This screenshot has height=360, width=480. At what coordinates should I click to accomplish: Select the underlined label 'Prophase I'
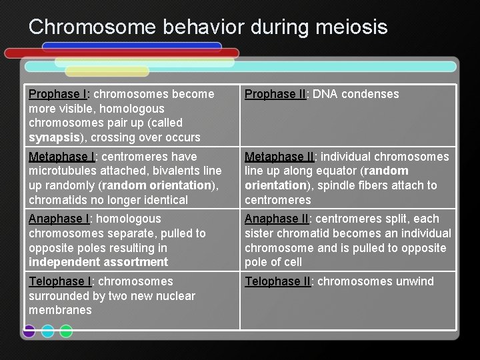coord(58,94)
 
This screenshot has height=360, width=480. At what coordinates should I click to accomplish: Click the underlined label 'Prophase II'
coord(275,94)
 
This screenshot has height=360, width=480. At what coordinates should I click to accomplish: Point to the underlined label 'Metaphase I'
coord(62,157)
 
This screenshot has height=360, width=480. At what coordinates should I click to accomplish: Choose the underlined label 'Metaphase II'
coord(279,157)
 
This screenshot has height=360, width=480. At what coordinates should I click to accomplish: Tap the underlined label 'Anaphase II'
coord(277,219)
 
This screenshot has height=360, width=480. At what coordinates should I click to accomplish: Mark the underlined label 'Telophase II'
coord(278,281)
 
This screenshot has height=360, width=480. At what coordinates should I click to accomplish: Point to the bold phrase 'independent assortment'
coord(98,262)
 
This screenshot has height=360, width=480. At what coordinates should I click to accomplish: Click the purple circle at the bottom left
coord(29,331)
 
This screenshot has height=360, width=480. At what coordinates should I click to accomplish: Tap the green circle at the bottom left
coord(66,331)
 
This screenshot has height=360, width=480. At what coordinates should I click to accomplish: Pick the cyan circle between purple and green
coord(47,331)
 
